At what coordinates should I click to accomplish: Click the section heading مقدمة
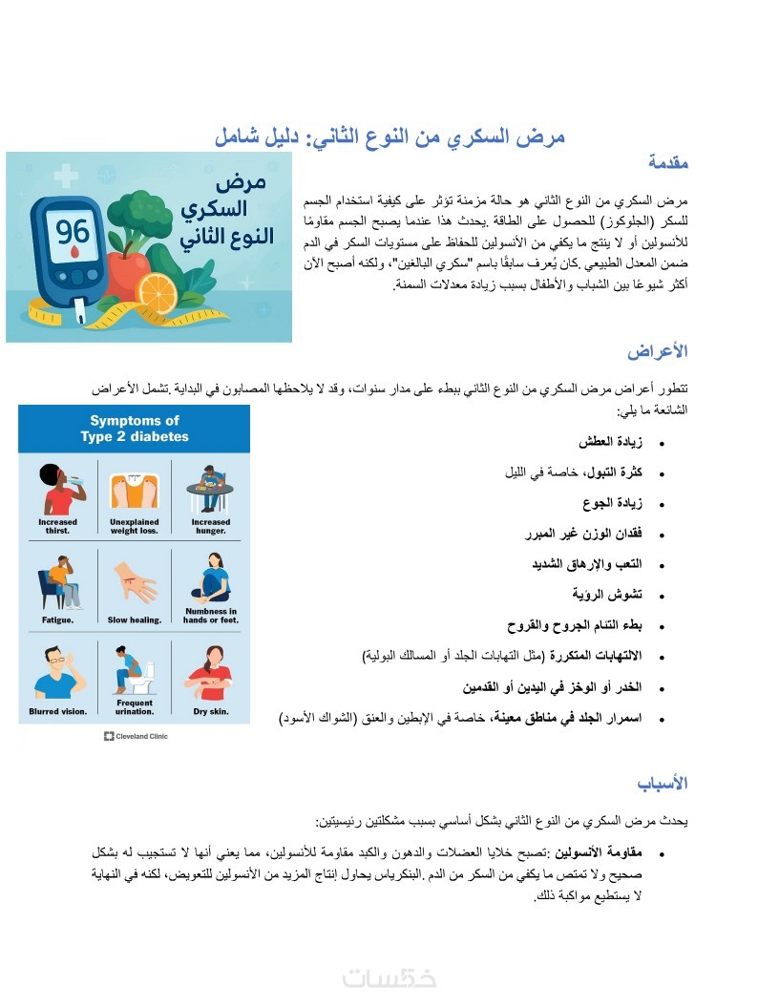pyautogui.click(x=668, y=163)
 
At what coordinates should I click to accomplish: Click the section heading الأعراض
pyautogui.click(x=658, y=351)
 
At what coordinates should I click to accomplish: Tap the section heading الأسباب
pyautogui.click(x=663, y=784)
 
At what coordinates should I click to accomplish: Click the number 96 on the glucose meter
pyautogui.click(x=72, y=232)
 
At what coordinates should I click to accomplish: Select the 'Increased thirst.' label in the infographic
pyautogui.click(x=57, y=526)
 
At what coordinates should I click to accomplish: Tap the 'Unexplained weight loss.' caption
pyautogui.click(x=134, y=526)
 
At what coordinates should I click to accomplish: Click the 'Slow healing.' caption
pyautogui.click(x=131, y=619)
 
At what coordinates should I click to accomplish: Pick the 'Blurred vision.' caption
pyautogui.click(x=57, y=711)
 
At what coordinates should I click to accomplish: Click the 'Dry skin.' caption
pyautogui.click(x=210, y=711)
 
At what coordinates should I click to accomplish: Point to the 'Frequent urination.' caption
pyautogui.click(x=134, y=707)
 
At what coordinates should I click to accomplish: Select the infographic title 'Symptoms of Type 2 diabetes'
pyautogui.click(x=135, y=429)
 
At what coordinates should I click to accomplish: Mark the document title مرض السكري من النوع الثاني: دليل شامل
pyautogui.click(x=389, y=136)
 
